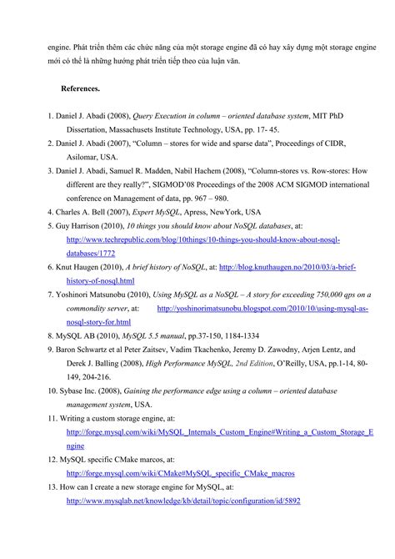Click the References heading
point(80,88)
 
